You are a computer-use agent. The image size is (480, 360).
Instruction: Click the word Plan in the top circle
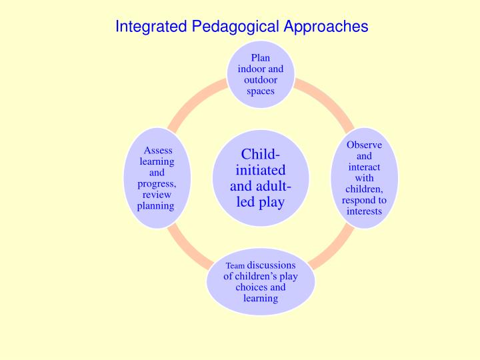pos(260,58)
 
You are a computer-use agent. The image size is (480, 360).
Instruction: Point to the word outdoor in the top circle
pos(260,80)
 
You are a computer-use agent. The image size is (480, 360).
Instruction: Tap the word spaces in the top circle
pos(260,91)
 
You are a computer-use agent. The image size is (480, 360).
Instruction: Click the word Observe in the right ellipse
pos(365,145)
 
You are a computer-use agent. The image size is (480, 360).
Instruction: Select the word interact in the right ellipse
pos(365,167)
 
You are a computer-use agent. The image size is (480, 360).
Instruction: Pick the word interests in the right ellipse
pos(365,211)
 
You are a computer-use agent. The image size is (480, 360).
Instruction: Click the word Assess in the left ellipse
pos(158,151)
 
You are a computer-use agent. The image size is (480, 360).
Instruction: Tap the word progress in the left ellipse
pos(157,184)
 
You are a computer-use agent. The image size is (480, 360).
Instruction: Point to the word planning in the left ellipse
pos(155,206)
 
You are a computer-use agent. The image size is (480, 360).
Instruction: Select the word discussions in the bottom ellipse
pos(271,265)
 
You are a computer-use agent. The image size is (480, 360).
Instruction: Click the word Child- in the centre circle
pos(261,155)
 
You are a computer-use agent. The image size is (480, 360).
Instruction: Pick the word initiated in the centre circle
pos(260,171)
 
